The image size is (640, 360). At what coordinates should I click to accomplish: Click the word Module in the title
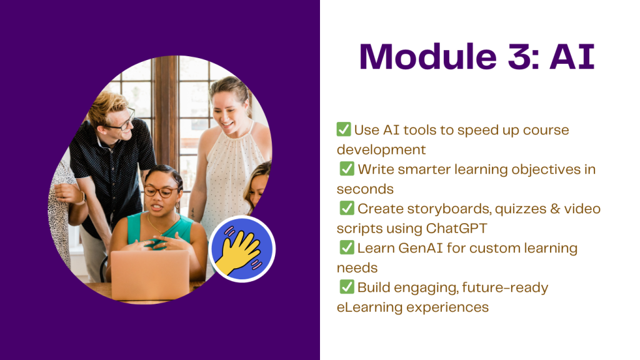point(428,56)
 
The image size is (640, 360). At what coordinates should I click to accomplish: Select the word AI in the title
point(572,56)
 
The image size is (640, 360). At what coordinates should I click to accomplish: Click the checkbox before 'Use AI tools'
point(344,129)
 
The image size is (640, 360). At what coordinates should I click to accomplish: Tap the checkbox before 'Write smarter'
point(347,169)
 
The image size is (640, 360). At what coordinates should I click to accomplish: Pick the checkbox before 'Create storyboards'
point(347,207)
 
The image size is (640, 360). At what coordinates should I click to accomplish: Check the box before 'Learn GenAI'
point(347,247)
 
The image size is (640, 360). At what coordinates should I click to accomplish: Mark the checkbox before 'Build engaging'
point(347,286)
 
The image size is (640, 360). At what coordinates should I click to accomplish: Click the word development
point(381,150)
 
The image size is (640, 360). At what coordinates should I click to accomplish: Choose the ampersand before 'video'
point(555,209)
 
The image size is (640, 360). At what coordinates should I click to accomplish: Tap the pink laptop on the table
point(151,276)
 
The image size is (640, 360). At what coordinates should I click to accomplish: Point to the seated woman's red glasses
point(161,191)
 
